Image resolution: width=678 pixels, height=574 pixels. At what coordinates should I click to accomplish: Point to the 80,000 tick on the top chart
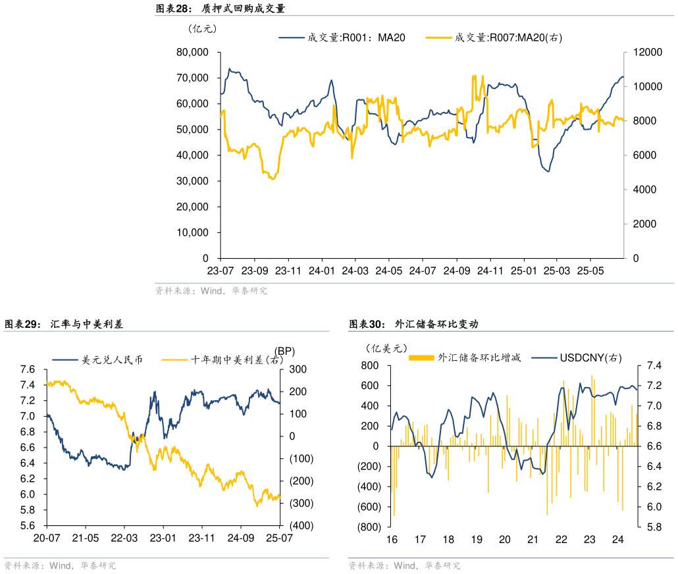tap(192, 52)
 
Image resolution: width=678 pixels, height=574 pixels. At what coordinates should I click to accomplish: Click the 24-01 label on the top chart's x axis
tap(321, 271)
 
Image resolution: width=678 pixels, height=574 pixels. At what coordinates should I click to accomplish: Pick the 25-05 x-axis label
tap(590, 271)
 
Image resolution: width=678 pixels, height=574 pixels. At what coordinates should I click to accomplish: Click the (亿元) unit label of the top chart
tap(202, 28)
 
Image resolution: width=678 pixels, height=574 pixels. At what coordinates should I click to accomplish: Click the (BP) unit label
tap(285, 350)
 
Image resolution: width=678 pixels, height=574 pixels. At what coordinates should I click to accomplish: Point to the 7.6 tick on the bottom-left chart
tap(27, 369)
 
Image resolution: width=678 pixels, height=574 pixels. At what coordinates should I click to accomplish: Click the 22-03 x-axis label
tap(124, 538)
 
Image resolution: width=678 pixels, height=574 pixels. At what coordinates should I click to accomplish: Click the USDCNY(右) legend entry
tap(590, 357)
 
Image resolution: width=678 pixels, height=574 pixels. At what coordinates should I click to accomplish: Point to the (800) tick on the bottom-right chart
tap(368, 527)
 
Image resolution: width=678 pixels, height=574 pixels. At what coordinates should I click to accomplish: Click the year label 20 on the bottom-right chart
tap(505, 540)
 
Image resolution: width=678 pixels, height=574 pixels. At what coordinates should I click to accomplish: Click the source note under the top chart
tap(211, 290)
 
